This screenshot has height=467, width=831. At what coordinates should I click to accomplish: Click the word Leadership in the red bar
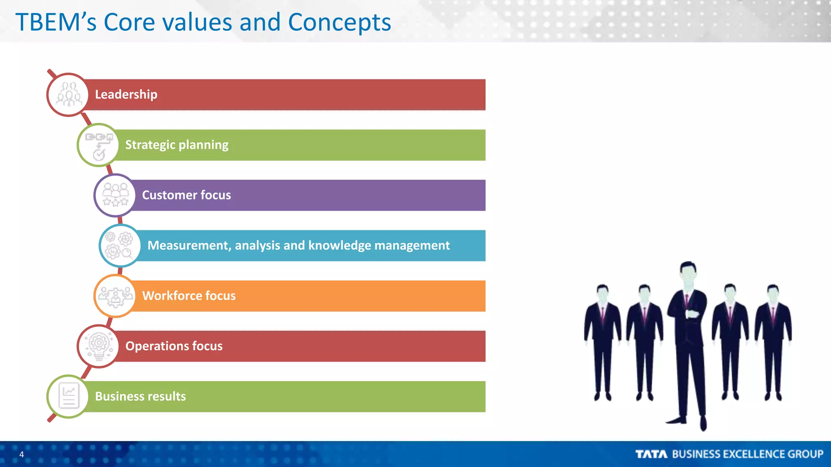tap(126, 94)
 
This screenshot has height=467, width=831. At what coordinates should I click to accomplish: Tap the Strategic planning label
tap(177, 145)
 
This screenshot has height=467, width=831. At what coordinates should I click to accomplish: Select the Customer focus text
tap(186, 195)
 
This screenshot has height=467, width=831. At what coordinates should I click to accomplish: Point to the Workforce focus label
tap(189, 296)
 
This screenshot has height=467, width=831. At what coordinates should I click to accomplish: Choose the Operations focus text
tap(174, 346)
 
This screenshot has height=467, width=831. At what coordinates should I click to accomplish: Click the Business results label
tap(140, 396)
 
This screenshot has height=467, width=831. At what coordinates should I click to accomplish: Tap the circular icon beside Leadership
tap(68, 95)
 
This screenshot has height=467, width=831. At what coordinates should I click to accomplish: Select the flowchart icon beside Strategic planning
tap(99, 145)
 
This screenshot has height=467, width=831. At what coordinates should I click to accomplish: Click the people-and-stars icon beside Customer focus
tap(115, 195)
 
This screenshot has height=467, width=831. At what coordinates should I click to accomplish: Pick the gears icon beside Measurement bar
tap(119, 246)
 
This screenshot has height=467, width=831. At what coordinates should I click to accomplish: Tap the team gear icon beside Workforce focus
tap(115, 296)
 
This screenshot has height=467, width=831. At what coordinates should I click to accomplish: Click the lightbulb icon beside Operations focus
tap(99, 346)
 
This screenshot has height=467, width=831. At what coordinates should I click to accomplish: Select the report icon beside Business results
tap(68, 396)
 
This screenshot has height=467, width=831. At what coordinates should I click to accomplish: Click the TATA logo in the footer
tap(651, 454)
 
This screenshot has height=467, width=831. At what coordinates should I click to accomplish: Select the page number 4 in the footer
tap(22, 454)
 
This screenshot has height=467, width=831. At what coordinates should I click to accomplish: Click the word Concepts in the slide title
tap(339, 22)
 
